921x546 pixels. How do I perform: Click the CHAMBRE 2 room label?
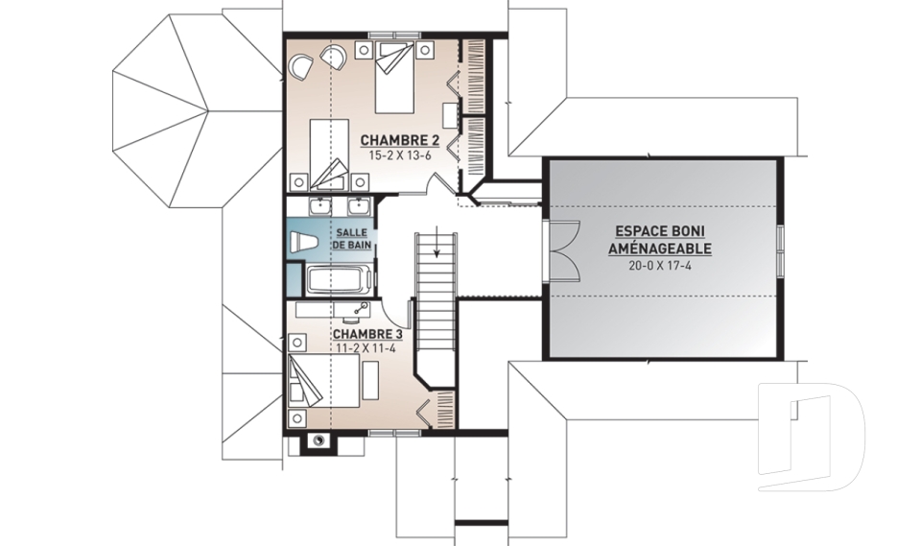(x=400, y=140)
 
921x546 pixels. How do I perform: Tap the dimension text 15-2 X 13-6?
(x=400, y=155)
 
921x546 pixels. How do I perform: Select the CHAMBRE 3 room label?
(x=367, y=335)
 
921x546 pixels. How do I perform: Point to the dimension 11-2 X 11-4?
(x=366, y=347)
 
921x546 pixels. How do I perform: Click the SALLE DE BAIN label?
(x=352, y=239)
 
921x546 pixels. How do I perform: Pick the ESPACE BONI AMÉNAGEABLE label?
(x=660, y=240)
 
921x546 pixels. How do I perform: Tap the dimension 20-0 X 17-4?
(x=660, y=265)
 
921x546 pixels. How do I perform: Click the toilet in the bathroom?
(x=304, y=242)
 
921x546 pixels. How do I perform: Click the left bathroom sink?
(x=319, y=206)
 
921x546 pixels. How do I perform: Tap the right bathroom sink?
(x=358, y=206)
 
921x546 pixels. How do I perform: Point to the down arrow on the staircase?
(x=437, y=242)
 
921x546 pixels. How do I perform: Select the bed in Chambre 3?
(x=323, y=380)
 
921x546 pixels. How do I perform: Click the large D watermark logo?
(x=811, y=436)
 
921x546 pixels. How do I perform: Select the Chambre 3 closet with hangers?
(x=446, y=409)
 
